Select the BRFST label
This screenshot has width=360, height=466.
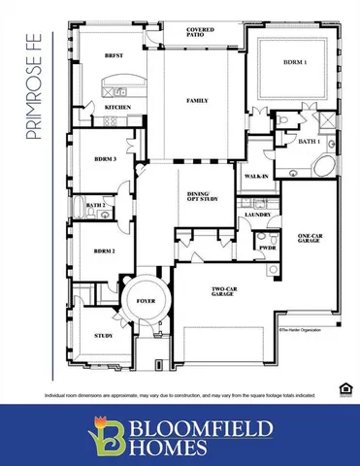click(114, 56)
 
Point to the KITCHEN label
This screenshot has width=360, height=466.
click(117, 107)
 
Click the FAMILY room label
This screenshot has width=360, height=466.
click(198, 101)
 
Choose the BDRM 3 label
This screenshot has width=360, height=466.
click(105, 158)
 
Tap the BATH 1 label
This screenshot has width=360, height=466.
click(310, 142)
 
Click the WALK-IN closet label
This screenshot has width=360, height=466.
click(257, 177)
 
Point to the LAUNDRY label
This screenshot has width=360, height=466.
click(257, 215)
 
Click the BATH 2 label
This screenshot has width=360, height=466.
click(95, 206)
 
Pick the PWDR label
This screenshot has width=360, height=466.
click(268, 248)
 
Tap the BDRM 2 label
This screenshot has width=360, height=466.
click(105, 250)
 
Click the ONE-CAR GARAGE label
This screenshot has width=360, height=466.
click(310, 240)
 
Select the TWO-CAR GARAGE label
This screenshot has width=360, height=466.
click(223, 291)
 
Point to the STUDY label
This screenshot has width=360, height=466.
click(103, 336)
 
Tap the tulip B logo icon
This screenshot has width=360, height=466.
click(102, 435)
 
